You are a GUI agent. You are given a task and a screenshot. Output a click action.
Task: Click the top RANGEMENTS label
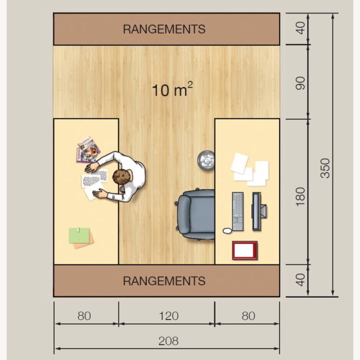coord(164,29)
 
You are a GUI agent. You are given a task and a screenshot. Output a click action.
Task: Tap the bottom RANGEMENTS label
coord(164,280)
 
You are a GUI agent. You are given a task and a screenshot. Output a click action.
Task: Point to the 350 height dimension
coord(326,168)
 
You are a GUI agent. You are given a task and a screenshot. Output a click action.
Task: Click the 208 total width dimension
coord(168,341)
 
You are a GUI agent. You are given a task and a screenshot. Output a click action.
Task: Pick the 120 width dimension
coord(168,316)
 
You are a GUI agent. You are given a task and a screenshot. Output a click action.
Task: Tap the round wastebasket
coord(205,159)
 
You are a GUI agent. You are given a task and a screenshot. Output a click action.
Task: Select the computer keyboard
coord(238,211)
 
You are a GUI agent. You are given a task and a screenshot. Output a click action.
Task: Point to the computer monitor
coord(256,211)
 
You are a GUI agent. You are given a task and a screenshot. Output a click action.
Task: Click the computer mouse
coord(227,230)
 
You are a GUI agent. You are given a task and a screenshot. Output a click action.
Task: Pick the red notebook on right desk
coord(245,250)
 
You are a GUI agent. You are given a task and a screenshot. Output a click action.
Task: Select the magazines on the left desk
coord(88,149)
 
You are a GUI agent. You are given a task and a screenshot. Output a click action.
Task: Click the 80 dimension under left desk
coord(84,316)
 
